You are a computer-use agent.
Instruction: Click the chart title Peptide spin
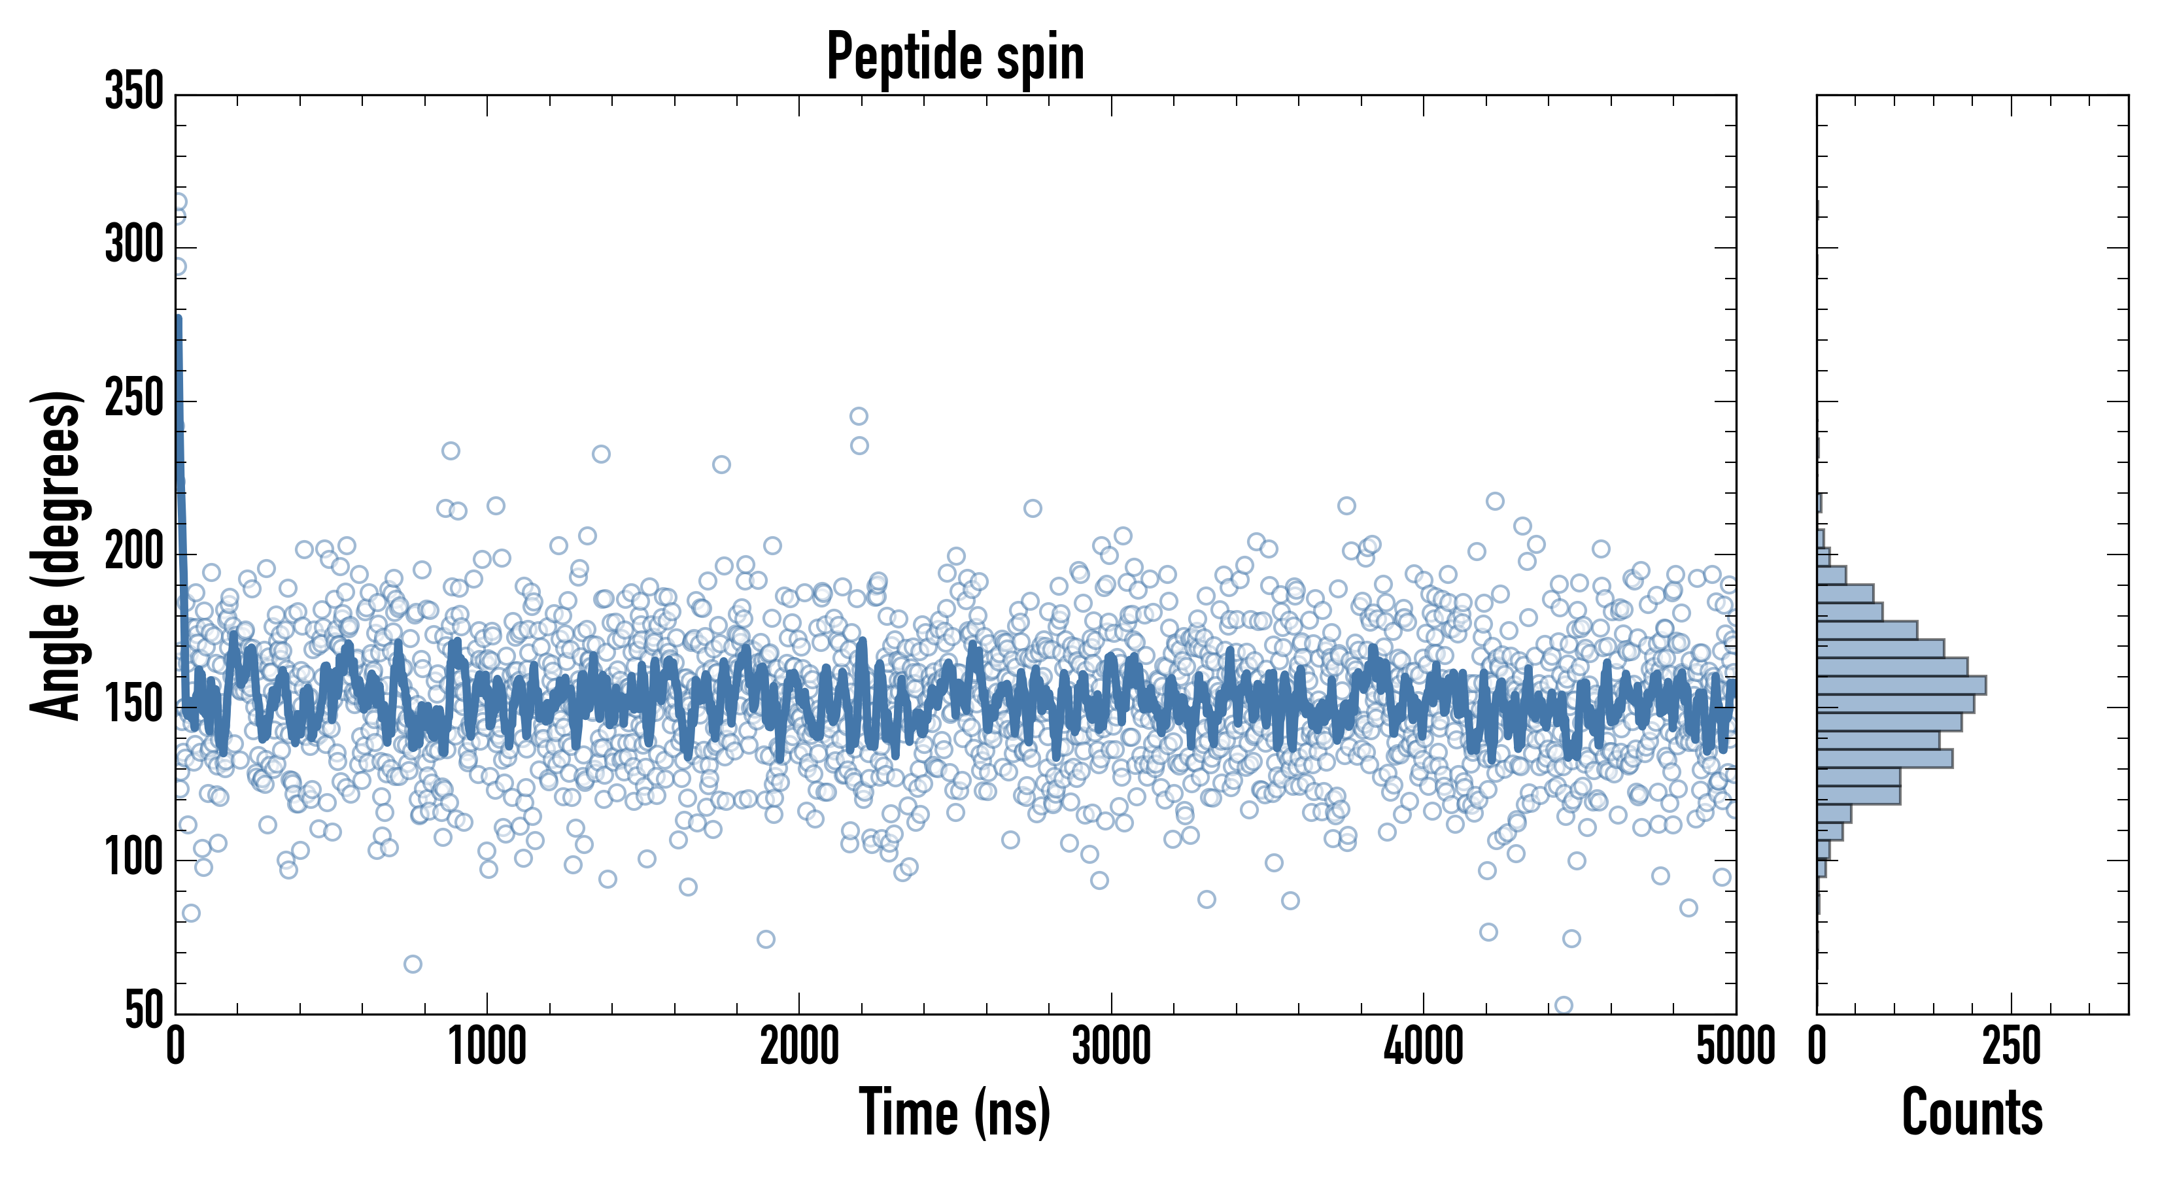955,57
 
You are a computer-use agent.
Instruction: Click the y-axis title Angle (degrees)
56,554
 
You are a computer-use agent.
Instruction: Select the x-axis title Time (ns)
954,1112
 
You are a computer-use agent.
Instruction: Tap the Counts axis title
1972,1112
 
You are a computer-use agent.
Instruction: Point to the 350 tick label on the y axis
134,92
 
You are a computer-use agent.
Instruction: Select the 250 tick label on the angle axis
134,399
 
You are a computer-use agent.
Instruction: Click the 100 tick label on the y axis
134,859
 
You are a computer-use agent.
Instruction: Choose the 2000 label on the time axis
799,1047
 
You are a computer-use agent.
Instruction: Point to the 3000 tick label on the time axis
1112,1047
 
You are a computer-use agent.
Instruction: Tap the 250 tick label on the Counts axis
2012,1047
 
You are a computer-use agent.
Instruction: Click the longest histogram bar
1901,685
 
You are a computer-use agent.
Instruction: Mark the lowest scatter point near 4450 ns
1563,1005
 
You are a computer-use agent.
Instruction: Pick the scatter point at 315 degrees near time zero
179,202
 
